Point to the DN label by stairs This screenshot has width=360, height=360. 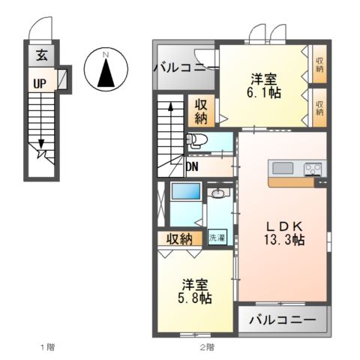point(193,166)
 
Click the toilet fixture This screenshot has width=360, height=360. point(196,140)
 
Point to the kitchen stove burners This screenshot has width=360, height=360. point(312,169)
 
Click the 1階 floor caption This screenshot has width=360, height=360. point(46,347)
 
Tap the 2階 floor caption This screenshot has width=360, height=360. point(206,347)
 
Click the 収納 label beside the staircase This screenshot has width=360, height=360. point(201,111)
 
